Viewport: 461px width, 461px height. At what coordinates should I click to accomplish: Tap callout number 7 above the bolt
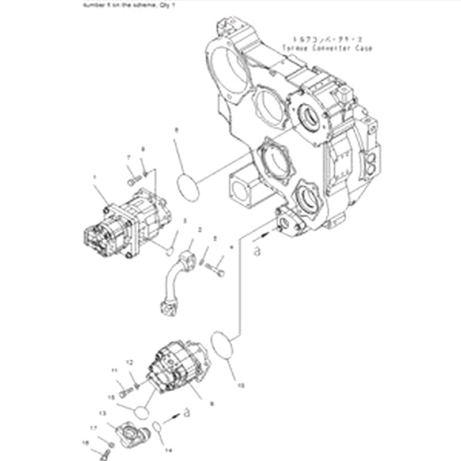tap(129, 157)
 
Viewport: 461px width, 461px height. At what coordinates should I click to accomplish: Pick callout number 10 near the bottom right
tap(241, 385)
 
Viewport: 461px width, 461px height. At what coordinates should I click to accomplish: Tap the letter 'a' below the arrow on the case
tap(257, 250)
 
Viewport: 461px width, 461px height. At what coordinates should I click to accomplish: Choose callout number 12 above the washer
tap(130, 362)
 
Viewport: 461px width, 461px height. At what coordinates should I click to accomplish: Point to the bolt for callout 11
tap(127, 392)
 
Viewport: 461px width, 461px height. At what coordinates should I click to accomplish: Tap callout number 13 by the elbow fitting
tap(103, 413)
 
